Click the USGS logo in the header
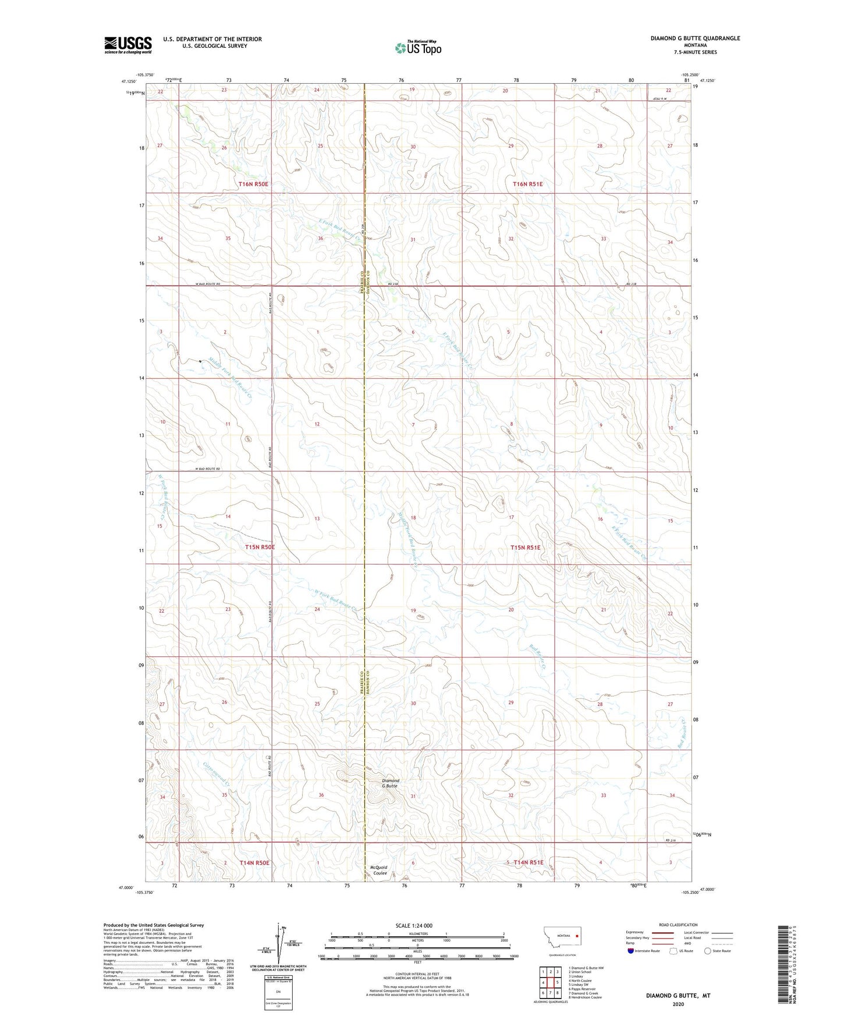coord(128,44)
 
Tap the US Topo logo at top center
coord(418,48)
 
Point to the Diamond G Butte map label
coord(390,783)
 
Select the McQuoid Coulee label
coord(379,870)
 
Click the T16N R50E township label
coord(253,184)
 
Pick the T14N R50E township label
coord(254,862)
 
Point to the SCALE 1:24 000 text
coord(413,925)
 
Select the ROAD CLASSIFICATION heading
coord(677,925)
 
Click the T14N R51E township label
coord(528,862)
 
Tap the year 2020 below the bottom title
coord(677,1004)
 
